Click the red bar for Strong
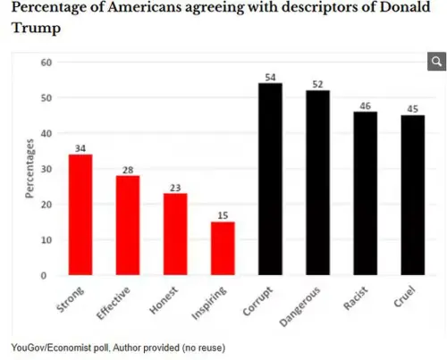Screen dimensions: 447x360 (x=80, y=214)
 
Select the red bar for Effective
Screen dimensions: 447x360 (x=128, y=225)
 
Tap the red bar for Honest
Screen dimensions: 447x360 (x=175, y=234)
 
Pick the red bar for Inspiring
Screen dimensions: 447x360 (x=223, y=248)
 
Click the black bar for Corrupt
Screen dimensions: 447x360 (x=270, y=179)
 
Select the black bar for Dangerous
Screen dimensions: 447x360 (x=317, y=182)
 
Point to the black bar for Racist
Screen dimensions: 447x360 (x=366, y=193)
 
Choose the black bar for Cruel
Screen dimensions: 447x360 (x=413, y=195)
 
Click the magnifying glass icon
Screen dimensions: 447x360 (x=436, y=62)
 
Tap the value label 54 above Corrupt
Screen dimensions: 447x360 (x=270, y=78)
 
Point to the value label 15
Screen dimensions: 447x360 (x=223, y=215)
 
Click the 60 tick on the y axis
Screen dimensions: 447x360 (x=46, y=63)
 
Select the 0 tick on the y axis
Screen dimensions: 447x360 (x=44, y=275)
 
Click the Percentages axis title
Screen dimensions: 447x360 (x=30, y=169)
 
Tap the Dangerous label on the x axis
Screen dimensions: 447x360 (x=300, y=306)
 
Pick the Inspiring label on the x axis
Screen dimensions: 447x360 (x=209, y=303)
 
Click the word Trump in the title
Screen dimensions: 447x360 (x=36, y=28)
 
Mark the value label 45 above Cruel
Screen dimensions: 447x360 (x=413, y=109)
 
